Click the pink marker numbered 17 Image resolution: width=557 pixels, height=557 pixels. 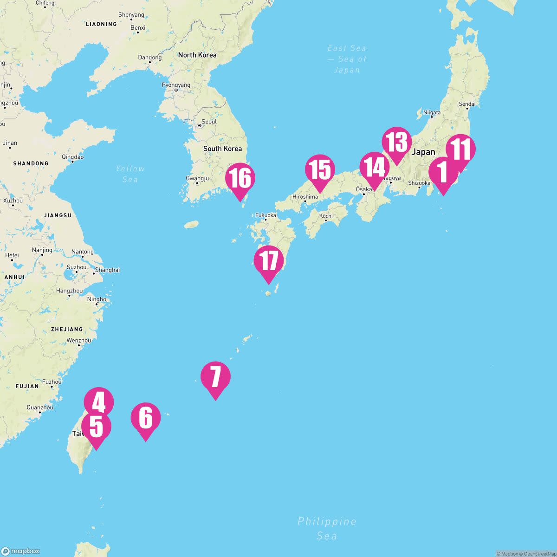pyautogui.click(x=269, y=261)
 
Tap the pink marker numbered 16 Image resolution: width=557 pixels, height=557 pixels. pyautogui.click(x=240, y=178)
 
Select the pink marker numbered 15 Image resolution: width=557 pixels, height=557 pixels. pyautogui.click(x=320, y=169)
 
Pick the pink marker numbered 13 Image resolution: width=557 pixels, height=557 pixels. pyautogui.click(x=397, y=142)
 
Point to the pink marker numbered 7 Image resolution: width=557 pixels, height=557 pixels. pyautogui.click(x=215, y=376)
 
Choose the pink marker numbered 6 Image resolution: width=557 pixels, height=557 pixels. pyautogui.click(x=145, y=417)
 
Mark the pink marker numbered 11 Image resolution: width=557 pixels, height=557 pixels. pyautogui.click(x=460, y=149)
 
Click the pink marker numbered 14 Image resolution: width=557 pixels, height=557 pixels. pyautogui.click(x=375, y=167)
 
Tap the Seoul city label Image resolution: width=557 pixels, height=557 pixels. pyautogui.click(x=209, y=122)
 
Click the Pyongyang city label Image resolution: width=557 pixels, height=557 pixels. pyautogui.click(x=176, y=85)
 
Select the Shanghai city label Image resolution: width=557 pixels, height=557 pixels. pyautogui.click(x=107, y=270)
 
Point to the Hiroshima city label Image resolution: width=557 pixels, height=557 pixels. pyautogui.click(x=305, y=197)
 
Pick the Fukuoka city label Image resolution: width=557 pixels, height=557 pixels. pyautogui.click(x=266, y=215)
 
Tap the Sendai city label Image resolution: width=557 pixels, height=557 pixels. pyautogui.click(x=467, y=104)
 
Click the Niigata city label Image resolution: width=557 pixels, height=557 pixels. pyautogui.click(x=432, y=112)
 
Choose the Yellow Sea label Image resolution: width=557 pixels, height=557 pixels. pyautogui.click(x=130, y=174)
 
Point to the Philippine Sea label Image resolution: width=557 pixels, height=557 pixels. pyautogui.click(x=327, y=528)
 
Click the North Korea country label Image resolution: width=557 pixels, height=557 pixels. pyautogui.click(x=197, y=55)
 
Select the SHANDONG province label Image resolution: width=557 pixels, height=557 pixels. pyautogui.click(x=31, y=163)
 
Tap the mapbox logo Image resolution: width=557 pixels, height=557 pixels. pyautogui.click(x=20, y=551)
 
